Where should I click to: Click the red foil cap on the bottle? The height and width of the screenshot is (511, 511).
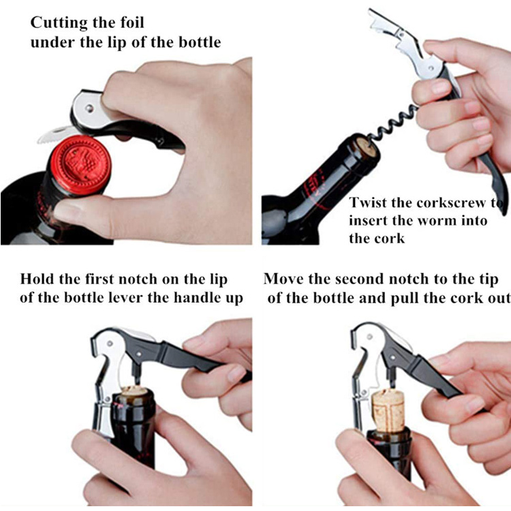[80, 166]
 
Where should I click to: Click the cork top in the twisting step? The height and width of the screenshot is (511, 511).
[368, 150]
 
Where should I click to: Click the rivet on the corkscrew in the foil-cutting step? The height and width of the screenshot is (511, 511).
[89, 108]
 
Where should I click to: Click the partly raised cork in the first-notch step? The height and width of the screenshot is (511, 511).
[134, 390]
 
